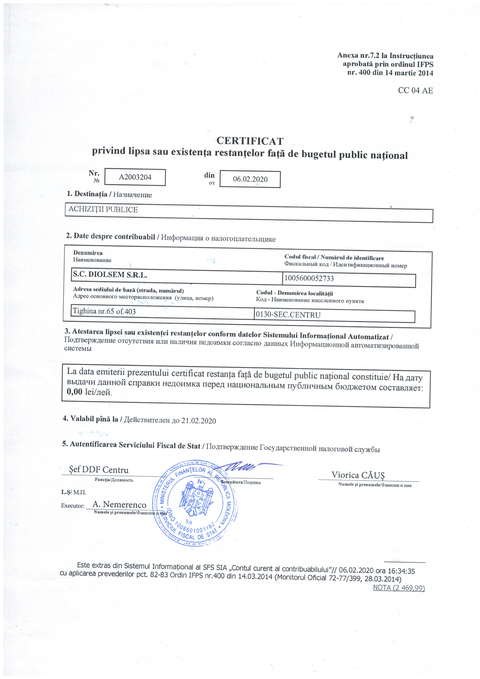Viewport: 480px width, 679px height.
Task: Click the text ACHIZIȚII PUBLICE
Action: click(x=103, y=210)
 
